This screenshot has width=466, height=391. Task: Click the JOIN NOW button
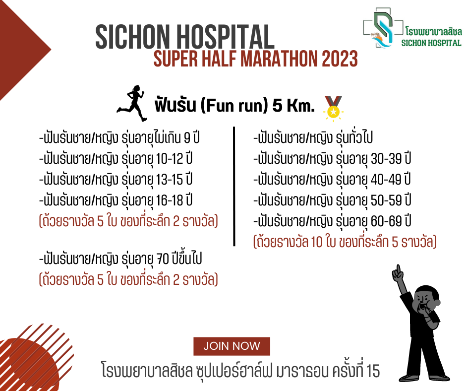point(232,346)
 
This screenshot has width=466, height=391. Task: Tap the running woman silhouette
point(132,103)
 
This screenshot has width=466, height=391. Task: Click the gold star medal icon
point(333,108)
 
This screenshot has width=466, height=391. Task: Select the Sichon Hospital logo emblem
point(383,28)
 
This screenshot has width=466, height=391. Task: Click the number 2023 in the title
point(340,59)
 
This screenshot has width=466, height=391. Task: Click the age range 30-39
point(386,159)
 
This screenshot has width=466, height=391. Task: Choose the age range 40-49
point(386,180)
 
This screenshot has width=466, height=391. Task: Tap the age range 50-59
point(386,200)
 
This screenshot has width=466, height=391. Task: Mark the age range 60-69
point(386,221)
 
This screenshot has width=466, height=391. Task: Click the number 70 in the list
point(163,259)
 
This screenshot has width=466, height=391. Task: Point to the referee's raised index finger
point(398,269)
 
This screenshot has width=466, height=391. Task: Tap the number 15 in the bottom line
point(373,371)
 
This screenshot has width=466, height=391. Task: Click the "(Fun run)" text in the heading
point(234,105)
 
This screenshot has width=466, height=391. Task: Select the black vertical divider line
point(234,187)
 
